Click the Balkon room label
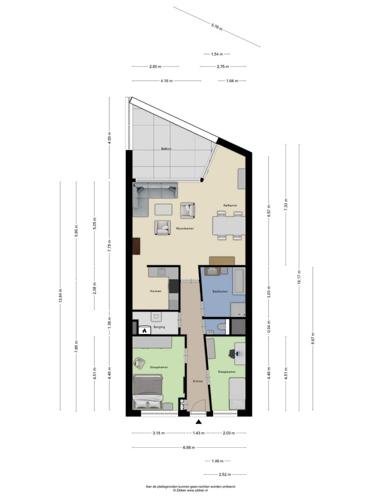pos(166,149)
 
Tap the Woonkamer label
pos(185,228)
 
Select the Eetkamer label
pos(230,206)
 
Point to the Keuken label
pos(156,291)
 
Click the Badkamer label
pos(220,292)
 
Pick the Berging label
pos(159,328)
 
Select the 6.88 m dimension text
pos(189,447)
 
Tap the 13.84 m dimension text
pos(61,296)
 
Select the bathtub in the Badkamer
pos(238,281)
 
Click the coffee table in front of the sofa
pos(164,209)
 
